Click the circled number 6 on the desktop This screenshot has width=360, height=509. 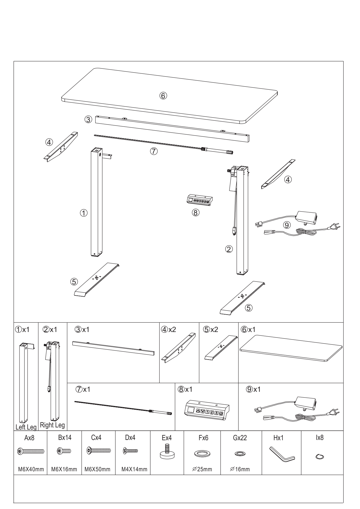[163, 95]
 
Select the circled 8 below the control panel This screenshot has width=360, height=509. [195, 213]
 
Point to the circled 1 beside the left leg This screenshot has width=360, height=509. [84, 213]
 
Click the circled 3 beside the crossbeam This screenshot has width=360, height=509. [89, 119]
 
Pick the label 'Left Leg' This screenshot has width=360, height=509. [26, 427]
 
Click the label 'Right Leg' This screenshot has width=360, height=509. [53, 425]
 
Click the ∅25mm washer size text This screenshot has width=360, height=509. [202, 469]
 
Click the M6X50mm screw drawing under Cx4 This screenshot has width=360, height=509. [99, 451]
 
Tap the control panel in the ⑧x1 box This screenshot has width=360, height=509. [206, 410]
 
